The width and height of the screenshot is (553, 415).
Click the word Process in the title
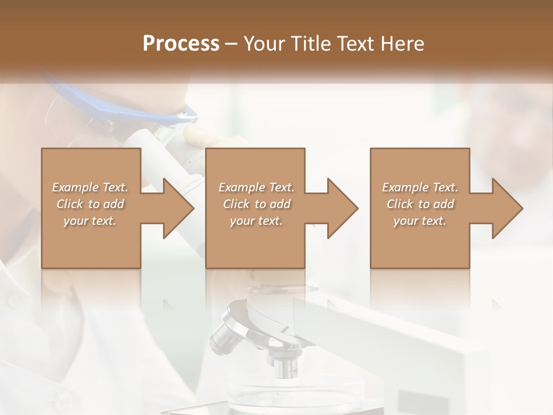point(181,44)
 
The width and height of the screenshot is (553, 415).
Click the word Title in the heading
point(310,44)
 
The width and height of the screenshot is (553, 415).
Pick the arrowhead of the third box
point(507,209)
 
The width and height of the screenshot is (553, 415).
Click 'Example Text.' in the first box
point(90,187)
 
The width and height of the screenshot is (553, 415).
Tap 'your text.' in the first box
point(90,221)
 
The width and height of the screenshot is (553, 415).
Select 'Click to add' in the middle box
point(256,204)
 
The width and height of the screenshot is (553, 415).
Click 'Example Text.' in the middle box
point(256,187)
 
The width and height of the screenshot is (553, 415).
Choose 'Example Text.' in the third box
point(420,187)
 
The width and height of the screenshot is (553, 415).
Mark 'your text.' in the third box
point(420,221)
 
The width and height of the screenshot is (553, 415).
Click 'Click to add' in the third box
point(420,204)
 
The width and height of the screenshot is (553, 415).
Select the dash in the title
point(232,44)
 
